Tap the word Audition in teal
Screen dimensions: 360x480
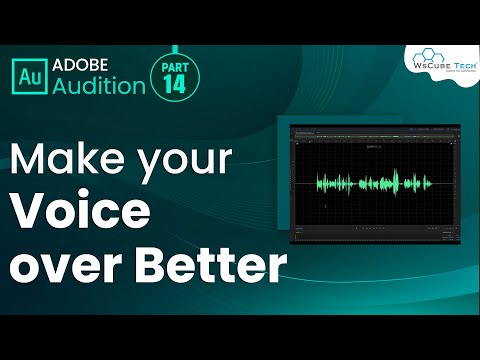[99, 85]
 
